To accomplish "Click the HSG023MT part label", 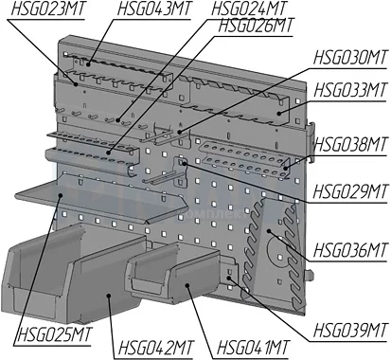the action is point(48,9).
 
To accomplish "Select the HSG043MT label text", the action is point(154,9).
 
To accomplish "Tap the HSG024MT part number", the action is point(249,9).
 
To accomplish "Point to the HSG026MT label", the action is point(256,25).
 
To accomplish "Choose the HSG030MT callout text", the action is point(350,58).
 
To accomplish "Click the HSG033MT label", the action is point(350,90).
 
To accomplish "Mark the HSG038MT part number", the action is point(350,145).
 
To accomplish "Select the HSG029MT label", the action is point(350,191).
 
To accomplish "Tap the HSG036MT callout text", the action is point(350,250).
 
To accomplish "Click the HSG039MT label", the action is point(350,331).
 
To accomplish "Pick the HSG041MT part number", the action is point(253,348).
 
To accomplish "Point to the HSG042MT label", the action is point(155,348).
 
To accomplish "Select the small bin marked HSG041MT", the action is point(173,272).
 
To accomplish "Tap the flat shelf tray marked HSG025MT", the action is point(101,200).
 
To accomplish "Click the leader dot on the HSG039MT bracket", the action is point(229,278).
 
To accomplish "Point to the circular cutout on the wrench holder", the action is point(277,252).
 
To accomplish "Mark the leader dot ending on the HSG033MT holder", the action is point(279,114).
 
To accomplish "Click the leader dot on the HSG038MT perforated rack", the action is point(286,168).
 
